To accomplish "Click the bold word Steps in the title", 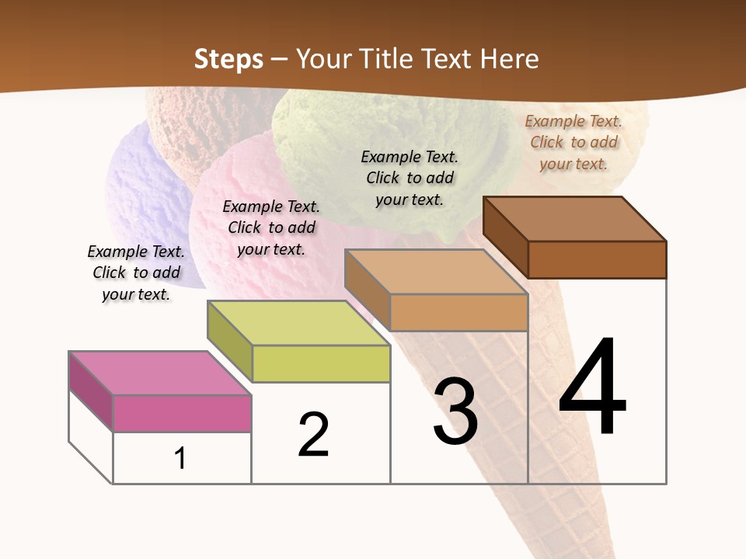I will (x=228, y=59).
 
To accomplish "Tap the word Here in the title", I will (x=509, y=59).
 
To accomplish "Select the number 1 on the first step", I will (x=180, y=458).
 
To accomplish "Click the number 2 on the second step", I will (x=314, y=435).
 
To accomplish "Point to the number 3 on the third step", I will (x=455, y=412).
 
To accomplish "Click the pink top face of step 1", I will (x=160, y=373).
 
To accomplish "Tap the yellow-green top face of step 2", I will (x=298, y=323).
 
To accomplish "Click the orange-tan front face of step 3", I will (x=458, y=312).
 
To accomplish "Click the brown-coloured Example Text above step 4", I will (x=573, y=142).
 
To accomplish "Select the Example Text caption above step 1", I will (x=136, y=273).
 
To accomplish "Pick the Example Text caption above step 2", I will (x=271, y=227).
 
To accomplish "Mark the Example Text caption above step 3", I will (x=410, y=178).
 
